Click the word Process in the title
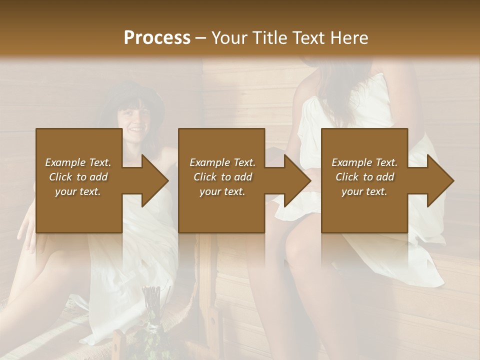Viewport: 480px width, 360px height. click(x=157, y=38)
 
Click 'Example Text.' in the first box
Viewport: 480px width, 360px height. click(x=78, y=162)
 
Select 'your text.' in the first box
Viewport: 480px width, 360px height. click(x=78, y=191)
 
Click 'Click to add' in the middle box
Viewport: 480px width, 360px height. click(x=222, y=177)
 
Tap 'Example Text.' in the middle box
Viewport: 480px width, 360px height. click(x=222, y=162)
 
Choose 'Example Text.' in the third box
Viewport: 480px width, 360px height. click(x=364, y=162)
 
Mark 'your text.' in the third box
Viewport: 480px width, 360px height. click(x=364, y=191)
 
